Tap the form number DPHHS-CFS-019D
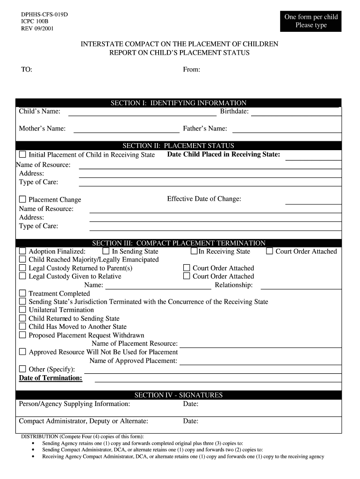pos(41,15)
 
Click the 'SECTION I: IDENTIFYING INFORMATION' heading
pos(178,103)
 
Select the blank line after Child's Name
pos(142,114)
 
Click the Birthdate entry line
pos(295,114)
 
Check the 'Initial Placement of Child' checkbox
pos(22,154)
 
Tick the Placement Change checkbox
pos(22,199)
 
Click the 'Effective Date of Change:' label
pos(204,199)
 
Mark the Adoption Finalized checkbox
pos(22,251)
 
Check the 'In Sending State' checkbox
pos(106,251)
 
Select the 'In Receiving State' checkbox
pos(194,251)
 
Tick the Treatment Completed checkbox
pos(22,293)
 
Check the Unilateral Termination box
pos(22,310)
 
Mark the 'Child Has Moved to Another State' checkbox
pos(22,327)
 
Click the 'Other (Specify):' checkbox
pos(22,369)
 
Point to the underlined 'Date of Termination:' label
pos(50,378)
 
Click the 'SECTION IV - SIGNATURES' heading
pos(178,395)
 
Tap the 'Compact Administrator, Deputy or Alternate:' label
pos(83,421)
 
